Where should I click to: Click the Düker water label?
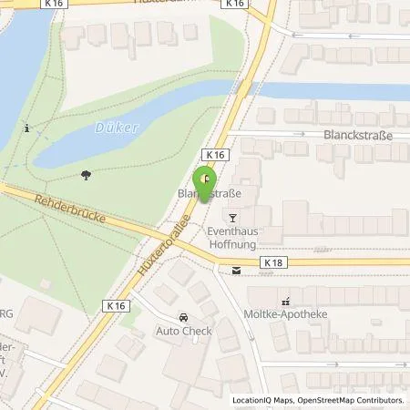point(117,128)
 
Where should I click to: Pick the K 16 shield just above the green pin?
point(213,157)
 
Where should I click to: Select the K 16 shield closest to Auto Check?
point(114,305)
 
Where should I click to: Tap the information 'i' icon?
point(28,128)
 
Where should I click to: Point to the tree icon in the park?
point(87,174)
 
